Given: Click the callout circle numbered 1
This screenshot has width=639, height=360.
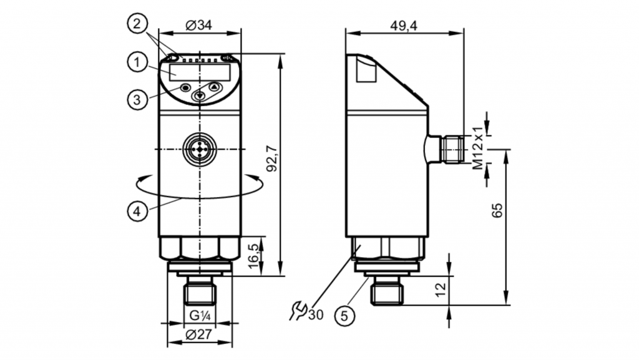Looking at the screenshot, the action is [137, 63].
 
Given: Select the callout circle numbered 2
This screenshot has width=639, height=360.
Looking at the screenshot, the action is [137, 24].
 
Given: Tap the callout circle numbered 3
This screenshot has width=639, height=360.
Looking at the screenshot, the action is [137, 99].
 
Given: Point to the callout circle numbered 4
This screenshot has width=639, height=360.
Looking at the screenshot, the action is [137, 212].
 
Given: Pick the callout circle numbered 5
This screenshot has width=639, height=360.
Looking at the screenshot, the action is [344, 316].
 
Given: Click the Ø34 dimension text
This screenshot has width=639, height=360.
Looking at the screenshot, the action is [199, 25].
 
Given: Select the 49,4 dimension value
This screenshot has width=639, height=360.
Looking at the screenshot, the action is [404, 26].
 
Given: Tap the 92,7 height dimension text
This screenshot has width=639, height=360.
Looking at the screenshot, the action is [272, 159].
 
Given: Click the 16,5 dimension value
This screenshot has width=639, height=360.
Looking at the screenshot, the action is [253, 256].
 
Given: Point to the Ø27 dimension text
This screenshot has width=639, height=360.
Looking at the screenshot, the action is [199, 334].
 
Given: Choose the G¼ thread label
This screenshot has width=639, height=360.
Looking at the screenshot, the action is [200, 315].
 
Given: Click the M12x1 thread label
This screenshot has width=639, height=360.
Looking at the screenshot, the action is [477, 147].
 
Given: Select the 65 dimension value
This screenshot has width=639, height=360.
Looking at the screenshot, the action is [497, 210].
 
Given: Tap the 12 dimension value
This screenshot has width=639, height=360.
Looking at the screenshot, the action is [441, 290].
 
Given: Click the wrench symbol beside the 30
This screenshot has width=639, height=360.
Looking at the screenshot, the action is [298, 311].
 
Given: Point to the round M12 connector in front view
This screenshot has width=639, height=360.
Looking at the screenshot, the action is [200, 150].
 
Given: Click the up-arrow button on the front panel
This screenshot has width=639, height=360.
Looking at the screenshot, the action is [215, 87].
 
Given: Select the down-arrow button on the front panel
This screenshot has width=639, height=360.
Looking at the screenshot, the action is [199, 95].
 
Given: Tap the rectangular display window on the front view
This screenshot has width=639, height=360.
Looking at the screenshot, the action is [200, 72].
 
